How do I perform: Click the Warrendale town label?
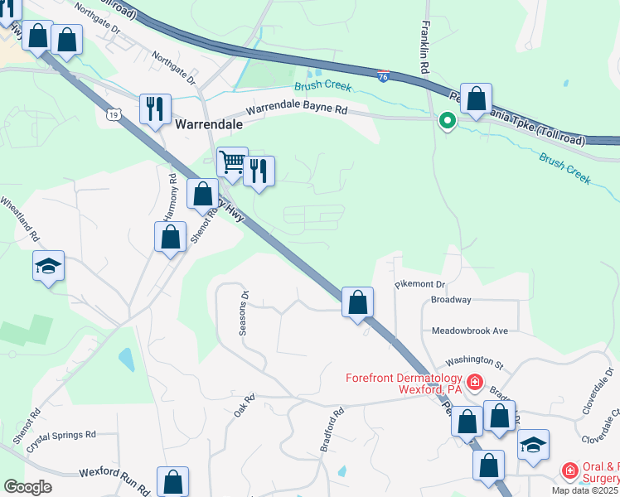210,124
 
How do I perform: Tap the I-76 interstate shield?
382,75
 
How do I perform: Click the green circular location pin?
448,122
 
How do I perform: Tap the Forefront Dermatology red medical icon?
475,382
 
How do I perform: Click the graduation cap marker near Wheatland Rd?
49,267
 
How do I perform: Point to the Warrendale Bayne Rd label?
296,109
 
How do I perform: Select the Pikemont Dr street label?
420,283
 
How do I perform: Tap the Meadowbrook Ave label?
469,331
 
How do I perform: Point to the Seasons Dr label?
243,313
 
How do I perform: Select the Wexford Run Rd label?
114,474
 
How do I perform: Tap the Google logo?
27,487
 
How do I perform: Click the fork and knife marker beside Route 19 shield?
155,108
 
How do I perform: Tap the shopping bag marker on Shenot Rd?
170,237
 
